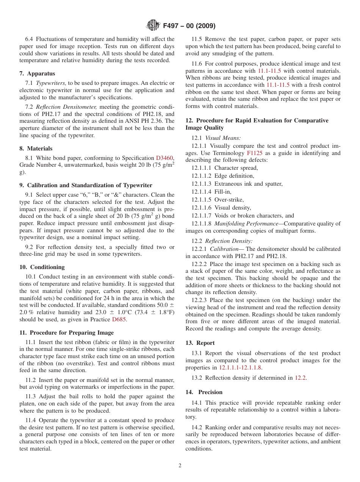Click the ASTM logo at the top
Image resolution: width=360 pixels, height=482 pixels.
click(153, 26)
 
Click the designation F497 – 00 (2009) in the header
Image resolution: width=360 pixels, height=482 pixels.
click(189, 26)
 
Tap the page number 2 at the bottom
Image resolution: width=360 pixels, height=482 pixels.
click(180, 466)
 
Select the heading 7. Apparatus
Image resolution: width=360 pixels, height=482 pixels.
click(37, 74)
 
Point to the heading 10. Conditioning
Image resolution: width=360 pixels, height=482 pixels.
click(42, 267)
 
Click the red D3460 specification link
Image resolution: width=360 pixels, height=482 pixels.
click(164, 158)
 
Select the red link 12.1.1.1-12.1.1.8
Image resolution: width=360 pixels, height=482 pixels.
click(240, 368)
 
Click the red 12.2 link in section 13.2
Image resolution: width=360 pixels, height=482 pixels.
click(301, 377)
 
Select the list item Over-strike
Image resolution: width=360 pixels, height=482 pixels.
click(229, 200)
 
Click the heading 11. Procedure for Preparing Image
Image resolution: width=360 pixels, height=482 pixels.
click(67, 333)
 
